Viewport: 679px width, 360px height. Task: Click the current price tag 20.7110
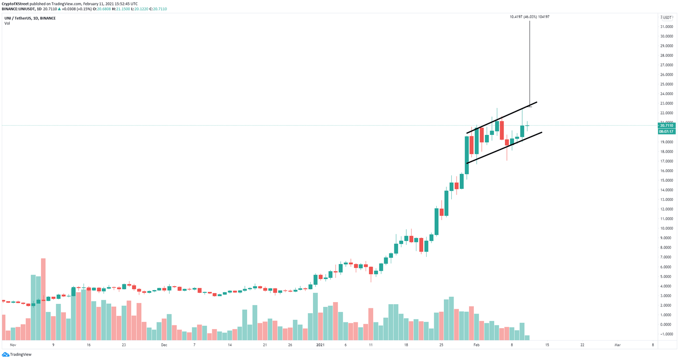(666, 126)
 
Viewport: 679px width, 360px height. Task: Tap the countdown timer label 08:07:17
(666, 131)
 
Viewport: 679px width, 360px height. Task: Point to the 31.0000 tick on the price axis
(667, 27)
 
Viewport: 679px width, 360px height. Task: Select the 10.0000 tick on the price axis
(667, 228)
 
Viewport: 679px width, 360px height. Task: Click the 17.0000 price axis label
(667, 161)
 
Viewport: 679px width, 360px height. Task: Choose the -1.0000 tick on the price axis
(667, 334)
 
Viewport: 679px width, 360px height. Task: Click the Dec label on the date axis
(164, 345)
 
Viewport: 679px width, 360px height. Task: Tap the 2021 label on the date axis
(320, 345)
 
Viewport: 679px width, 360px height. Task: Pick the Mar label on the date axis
(618, 345)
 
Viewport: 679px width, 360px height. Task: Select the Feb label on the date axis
(476, 345)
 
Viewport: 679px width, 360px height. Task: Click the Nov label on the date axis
(13, 345)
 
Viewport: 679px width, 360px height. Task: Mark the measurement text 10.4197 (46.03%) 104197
(530, 17)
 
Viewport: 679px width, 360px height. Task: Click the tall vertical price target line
(530, 62)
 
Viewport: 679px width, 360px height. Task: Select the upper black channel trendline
(502, 118)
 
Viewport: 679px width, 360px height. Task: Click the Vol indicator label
(7, 23)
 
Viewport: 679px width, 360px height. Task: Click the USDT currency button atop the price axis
(667, 18)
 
